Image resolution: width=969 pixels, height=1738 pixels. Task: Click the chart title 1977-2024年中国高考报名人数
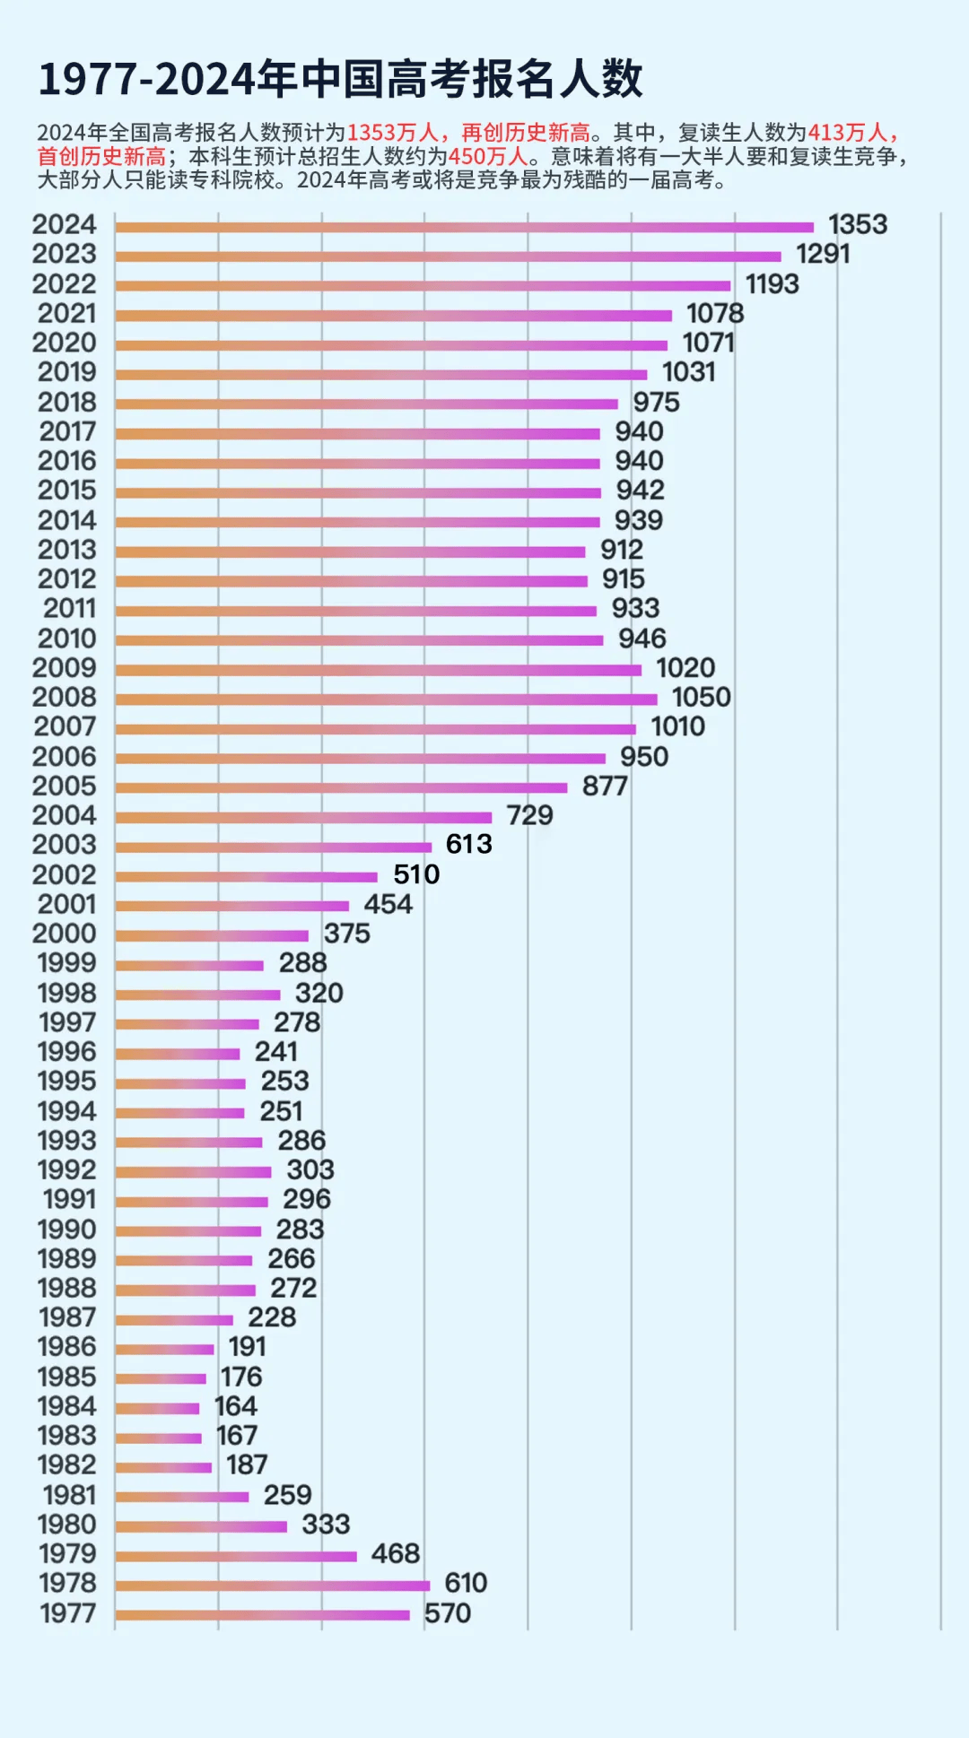click(340, 79)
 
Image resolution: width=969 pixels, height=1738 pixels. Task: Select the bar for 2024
click(464, 227)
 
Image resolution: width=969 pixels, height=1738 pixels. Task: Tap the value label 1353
click(857, 224)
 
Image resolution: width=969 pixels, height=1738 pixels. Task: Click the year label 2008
click(65, 697)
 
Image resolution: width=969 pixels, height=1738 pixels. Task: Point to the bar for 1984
click(157, 1408)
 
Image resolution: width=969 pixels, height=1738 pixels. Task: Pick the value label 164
click(236, 1406)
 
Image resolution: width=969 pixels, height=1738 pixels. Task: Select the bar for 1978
click(272, 1585)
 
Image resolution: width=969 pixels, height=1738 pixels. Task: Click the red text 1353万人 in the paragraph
click(392, 133)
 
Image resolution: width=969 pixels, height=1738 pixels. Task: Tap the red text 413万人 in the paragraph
click(847, 133)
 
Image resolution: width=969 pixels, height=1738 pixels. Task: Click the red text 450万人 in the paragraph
click(488, 157)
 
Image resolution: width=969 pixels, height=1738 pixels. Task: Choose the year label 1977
click(67, 1613)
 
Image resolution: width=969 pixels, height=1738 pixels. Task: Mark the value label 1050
click(701, 697)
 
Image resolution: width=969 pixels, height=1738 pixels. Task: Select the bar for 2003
click(273, 847)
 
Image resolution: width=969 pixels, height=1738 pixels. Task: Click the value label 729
click(529, 815)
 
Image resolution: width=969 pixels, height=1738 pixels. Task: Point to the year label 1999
click(66, 963)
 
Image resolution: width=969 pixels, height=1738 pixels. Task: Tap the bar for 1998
click(197, 994)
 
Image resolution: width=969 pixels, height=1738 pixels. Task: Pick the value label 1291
click(823, 254)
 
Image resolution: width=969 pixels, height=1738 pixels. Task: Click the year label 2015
click(66, 491)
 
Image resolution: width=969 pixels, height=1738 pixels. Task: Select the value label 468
click(395, 1553)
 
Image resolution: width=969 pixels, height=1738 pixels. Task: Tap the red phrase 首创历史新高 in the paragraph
click(101, 157)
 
